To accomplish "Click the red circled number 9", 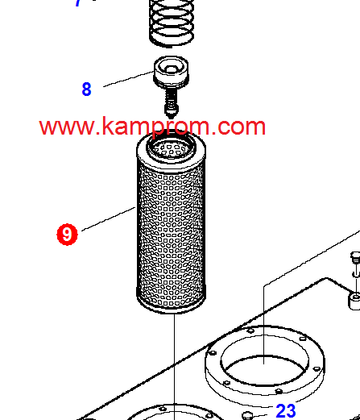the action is [67, 235].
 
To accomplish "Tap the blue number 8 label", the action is [86, 89].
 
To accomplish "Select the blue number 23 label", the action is [286, 411].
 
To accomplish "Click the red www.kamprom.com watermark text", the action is [152, 126].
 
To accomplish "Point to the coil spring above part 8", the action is [172, 23].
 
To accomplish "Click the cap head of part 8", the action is [171, 72].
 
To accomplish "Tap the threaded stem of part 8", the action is [171, 103].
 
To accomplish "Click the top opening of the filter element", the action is [171, 148].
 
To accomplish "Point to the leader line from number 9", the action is [109, 218].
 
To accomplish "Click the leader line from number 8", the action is [128, 79].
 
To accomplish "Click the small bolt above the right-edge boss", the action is [355, 258].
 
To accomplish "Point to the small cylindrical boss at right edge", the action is [354, 301].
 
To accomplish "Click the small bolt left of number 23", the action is [247, 416].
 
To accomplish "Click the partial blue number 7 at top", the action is [78, 2].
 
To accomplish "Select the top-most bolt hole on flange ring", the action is [250, 331].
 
